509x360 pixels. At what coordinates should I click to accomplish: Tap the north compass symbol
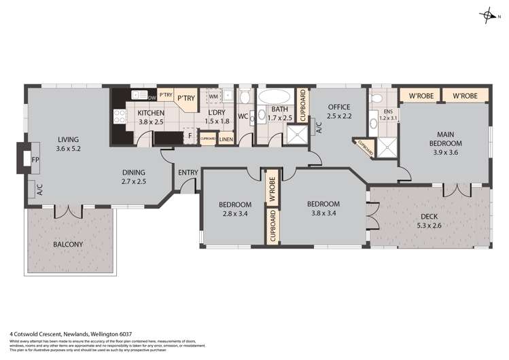tap(491, 14)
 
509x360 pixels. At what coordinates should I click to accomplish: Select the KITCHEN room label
tap(151, 113)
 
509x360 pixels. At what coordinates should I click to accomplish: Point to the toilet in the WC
tap(245, 98)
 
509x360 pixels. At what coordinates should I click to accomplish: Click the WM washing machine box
tap(213, 97)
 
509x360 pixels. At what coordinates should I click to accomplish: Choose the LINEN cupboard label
tap(226, 139)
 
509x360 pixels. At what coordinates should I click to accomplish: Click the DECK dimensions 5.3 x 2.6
tap(432, 226)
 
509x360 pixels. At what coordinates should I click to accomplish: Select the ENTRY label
tap(188, 173)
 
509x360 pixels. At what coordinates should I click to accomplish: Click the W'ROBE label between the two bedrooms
tap(271, 188)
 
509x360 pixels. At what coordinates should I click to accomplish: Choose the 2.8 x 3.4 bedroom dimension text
tap(235, 214)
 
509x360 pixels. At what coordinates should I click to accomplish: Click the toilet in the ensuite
tap(376, 100)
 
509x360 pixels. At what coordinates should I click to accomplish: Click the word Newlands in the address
tap(82, 334)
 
